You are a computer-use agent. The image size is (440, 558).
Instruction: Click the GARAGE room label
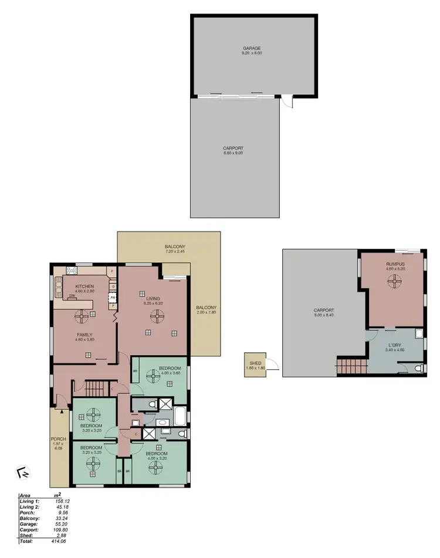252,47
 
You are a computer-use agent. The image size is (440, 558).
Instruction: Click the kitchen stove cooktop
72,271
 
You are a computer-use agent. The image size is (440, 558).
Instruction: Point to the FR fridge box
113,298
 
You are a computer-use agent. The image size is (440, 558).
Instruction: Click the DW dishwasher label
70,296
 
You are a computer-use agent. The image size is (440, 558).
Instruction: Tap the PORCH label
58,439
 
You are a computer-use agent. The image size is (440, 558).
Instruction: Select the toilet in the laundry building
417,369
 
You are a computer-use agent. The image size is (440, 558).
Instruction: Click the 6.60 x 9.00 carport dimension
233,152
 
